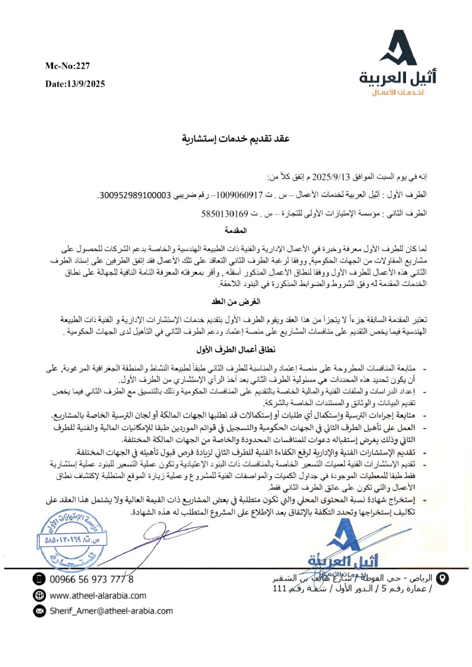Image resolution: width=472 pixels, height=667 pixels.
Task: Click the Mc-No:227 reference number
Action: coord(67,66)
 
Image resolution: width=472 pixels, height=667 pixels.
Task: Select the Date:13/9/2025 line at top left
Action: coord(75,84)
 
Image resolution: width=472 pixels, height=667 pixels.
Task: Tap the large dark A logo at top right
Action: coord(398,48)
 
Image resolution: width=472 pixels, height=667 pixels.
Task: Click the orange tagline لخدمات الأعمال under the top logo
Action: coord(398,93)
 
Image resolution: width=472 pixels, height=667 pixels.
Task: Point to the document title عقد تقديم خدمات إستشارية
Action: coord(236,139)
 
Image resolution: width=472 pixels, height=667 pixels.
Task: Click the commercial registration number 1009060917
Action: coord(239,195)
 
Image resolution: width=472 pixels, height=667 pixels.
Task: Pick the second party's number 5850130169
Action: coord(225,214)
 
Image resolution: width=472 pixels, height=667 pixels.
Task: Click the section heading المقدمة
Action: coord(236,230)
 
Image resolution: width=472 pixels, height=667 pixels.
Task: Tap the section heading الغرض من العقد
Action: coord(236,302)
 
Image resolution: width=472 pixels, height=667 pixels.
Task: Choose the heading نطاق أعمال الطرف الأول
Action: coord(236,350)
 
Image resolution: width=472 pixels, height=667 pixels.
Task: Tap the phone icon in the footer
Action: coord(39,579)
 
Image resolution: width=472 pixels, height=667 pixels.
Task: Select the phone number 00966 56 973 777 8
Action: coord(91,580)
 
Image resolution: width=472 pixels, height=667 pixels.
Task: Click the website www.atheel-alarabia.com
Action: coord(98,596)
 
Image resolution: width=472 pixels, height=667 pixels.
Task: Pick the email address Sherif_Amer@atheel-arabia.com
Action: coord(111,611)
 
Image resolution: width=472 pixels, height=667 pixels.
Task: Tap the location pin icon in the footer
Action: coord(442,578)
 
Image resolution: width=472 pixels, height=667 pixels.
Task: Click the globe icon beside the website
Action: coord(39,596)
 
